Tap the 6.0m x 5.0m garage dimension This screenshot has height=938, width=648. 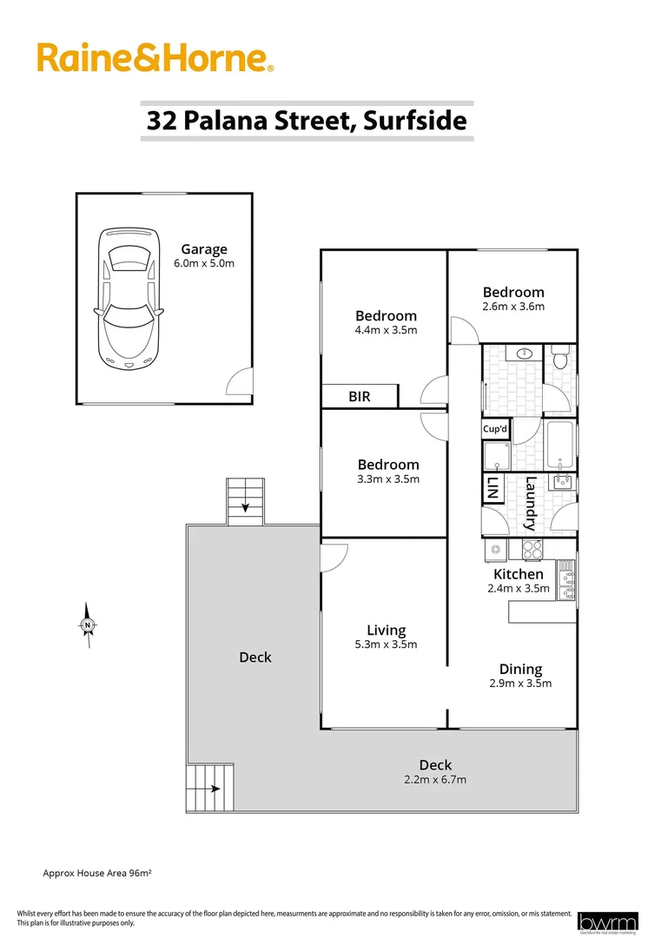point(204,264)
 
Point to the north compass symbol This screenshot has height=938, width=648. point(88,624)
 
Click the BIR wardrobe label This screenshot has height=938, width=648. point(360,397)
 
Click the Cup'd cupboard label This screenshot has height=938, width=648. point(496,429)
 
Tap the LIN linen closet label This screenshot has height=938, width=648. point(492,488)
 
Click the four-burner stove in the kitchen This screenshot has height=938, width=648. point(531,549)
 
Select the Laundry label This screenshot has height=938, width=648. point(531,504)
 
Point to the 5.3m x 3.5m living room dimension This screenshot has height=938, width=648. point(386,644)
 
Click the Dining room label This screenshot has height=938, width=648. point(520,669)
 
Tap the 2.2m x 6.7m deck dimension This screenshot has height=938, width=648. point(435,779)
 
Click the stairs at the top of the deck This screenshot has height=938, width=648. point(245,502)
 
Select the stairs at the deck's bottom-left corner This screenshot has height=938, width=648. point(209,788)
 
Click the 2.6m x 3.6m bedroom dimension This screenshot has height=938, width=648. point(513,307)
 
